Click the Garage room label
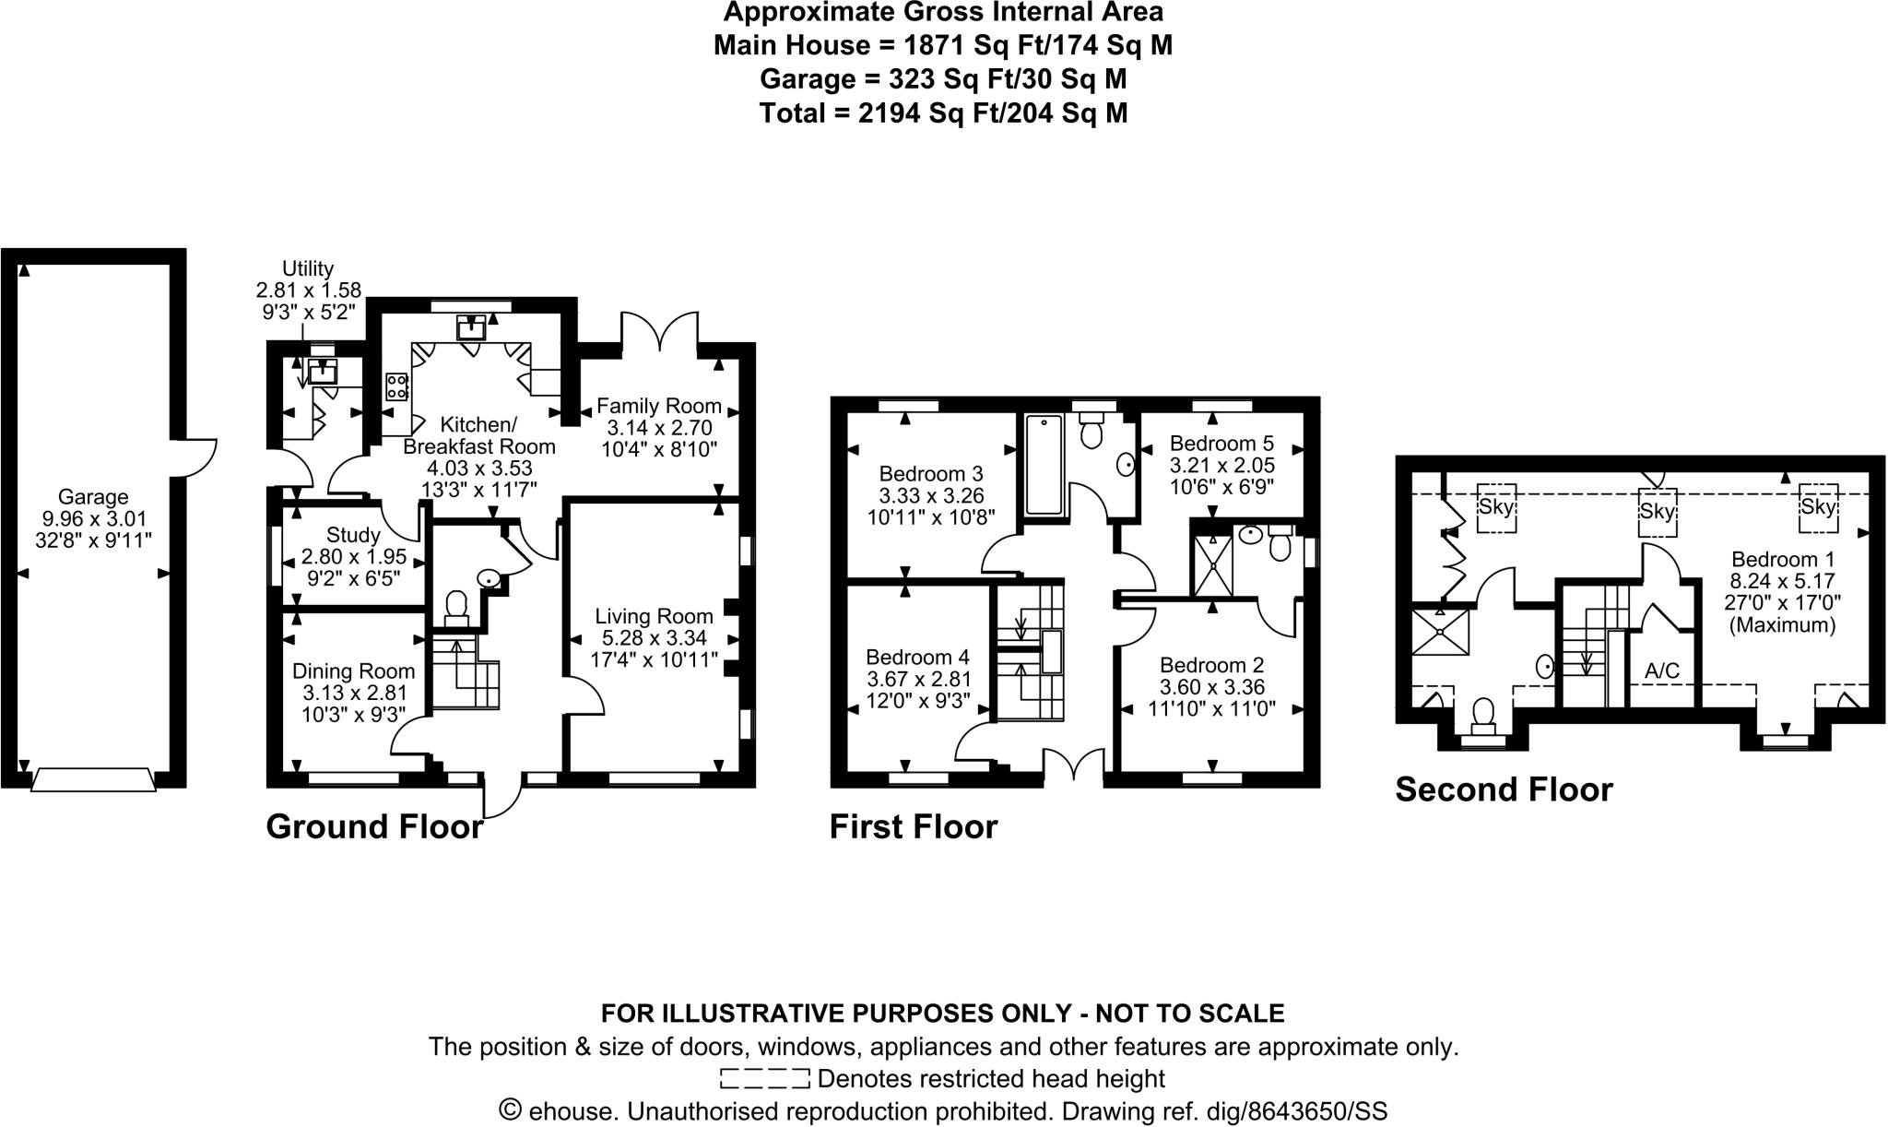click(92, 497)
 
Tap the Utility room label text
click(308, 268)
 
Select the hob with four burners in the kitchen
click(397, 386)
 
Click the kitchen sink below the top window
click(471, 327)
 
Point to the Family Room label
click(658, 406)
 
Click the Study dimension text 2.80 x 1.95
click(353, 557)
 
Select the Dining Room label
click(353, 671)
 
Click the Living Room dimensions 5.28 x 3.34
click(654, 638)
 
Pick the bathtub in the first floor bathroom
click(1044, 464)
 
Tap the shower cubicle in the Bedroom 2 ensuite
click(1212, 565)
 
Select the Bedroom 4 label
click(917, 658)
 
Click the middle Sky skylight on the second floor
click(1657, 511)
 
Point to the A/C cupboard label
click(1662, 671)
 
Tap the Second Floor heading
click(1504, 790)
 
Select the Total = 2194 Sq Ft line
click(943, 113)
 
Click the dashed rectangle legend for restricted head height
click(764, 1078)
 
